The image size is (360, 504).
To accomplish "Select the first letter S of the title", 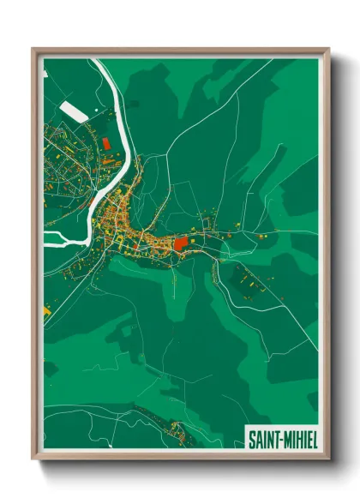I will tap(252, 437).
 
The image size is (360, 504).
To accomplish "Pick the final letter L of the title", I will tap(314, 437).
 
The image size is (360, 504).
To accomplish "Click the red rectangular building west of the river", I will tap(106, 143).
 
